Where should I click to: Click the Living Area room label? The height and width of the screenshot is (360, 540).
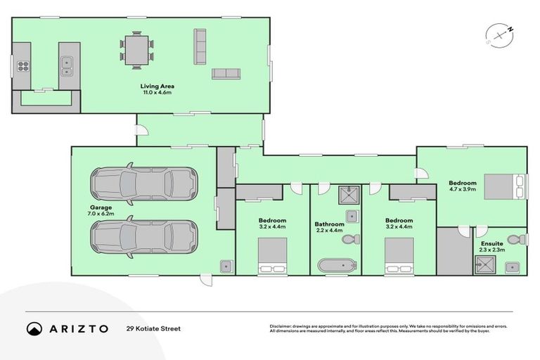tap(157, 86)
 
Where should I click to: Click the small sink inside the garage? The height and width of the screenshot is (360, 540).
tap(226, 266)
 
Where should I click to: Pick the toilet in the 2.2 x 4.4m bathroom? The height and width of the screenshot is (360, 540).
tap(349, 239)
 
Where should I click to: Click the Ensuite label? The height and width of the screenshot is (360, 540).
tap(491, 243)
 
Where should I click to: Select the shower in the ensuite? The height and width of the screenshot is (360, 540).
tap(483, 265)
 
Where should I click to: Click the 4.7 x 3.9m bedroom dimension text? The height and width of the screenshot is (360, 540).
tap(463, 189)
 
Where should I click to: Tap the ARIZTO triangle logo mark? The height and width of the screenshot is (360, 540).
tap(34, 328)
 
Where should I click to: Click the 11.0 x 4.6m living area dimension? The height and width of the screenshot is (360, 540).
tap(157, 92)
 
